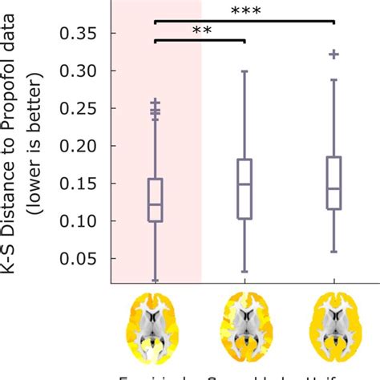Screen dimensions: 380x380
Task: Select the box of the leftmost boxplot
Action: click(x=156, y=200)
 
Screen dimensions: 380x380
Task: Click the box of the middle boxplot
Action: click(x=245, y=188)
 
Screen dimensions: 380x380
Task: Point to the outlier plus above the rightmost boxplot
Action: click(x=334, y=54)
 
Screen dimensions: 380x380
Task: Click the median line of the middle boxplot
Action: click(x=245, y=184)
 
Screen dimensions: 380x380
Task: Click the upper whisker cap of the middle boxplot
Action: click(x=245, y=71)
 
